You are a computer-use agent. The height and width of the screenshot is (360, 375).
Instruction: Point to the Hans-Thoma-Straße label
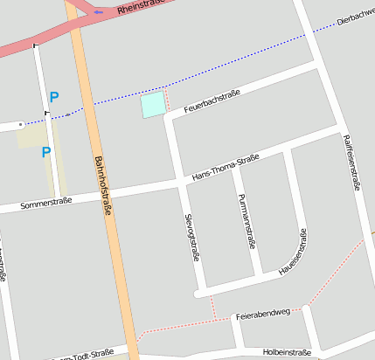225,168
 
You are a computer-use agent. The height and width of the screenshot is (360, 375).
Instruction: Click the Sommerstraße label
46,203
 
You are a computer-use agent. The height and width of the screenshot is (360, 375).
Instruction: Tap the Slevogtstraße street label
191,236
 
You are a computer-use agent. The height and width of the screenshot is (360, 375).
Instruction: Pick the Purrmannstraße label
245,219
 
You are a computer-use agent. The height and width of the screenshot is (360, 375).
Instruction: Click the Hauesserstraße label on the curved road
293,253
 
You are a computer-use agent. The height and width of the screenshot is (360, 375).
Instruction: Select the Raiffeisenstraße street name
353,162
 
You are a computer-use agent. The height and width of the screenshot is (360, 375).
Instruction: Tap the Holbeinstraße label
287,352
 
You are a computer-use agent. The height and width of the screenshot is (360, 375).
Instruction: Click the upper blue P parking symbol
54,98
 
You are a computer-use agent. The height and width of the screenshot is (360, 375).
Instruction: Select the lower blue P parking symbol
46,153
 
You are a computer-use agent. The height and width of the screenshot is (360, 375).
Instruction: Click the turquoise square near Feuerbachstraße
153,105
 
